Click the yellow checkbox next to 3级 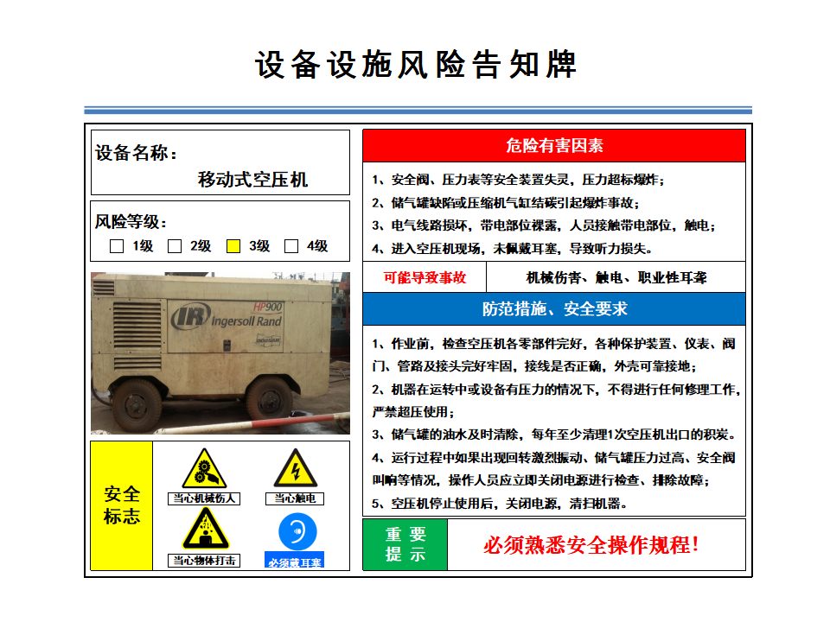[233, 246]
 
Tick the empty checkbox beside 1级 [117, 246]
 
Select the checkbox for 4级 [291, 246]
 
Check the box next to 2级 [175, 246]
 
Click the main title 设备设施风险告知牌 [416, 65]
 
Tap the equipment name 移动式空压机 [252, 180]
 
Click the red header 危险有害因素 [554, 145]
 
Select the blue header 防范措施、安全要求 [554, 309]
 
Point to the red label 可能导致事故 [425, 277]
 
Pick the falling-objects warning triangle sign [206, 530]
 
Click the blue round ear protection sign [297, 532]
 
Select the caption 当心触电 [295, 498]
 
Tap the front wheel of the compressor [269, 398]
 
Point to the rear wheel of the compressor [136, 405]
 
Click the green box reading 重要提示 [405, 544]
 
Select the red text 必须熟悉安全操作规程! [591, 545]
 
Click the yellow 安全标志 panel [122, 505]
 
